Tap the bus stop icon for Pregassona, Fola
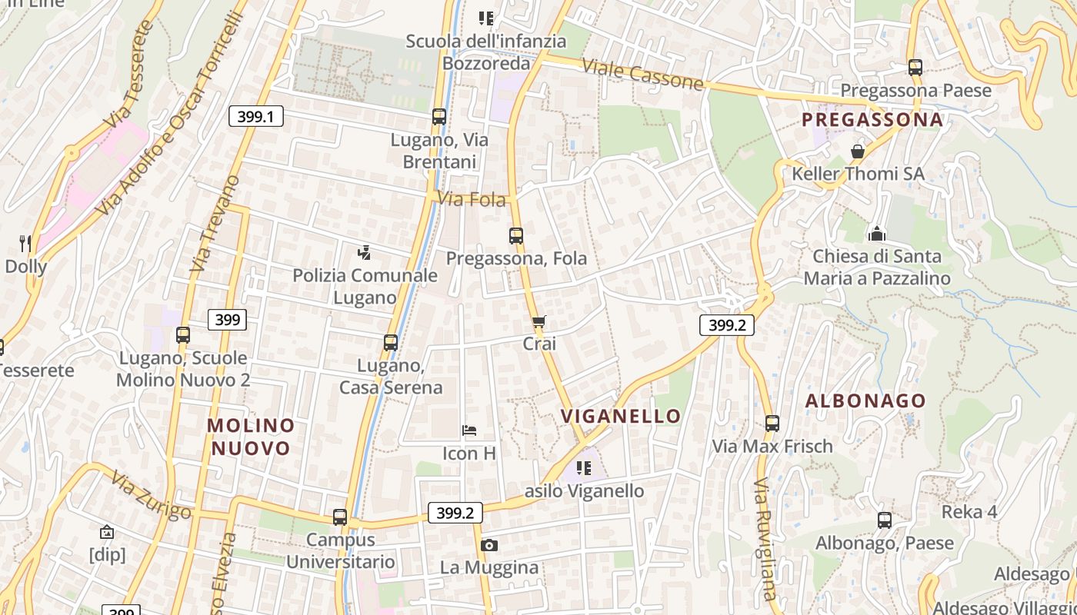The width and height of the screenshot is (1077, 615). [x=516, y=236]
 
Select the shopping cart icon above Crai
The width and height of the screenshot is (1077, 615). [x=539, y=322]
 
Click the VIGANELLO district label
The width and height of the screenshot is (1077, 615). [x=621, y=417]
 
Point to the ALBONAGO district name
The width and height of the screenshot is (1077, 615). [x=865, y=401]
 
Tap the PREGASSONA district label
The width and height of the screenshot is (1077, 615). [x=872, y=119]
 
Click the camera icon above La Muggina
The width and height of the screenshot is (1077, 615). [x=488, y=546]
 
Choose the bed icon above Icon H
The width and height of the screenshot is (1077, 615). [x=469, y=430]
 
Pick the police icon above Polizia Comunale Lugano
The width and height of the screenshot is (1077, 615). [x=365, y=252]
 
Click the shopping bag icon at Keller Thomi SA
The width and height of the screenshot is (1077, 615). [x=858, y=151]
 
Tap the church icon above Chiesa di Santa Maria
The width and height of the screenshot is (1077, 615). [x=876, y=233]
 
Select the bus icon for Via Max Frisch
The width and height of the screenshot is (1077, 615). [x=772, y=424]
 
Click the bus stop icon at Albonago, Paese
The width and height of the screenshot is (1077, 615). [x=885, y=520]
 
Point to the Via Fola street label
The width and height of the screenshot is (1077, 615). [x=472, y=200]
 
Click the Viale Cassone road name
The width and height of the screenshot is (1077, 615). [x=642, y=74]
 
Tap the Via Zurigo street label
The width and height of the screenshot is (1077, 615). [x=151, y=497]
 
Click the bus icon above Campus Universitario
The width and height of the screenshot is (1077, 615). [x=340, y=517]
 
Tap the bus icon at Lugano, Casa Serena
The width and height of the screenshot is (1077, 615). [x=391, y=343]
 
